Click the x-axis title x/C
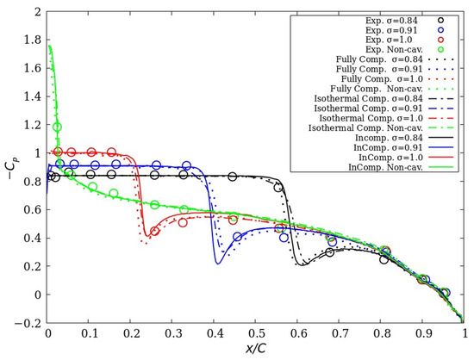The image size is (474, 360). [x=256, y=351]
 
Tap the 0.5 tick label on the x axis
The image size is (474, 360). [x=256, y=334]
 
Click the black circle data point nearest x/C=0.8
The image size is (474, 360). [x=384, y=258]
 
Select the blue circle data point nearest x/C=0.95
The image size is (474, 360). [x=446, y=293]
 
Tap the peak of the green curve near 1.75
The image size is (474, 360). [x=50, y=47]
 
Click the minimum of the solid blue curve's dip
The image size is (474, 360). [x=217, y=262]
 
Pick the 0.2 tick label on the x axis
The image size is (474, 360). [x=131, y=334]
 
